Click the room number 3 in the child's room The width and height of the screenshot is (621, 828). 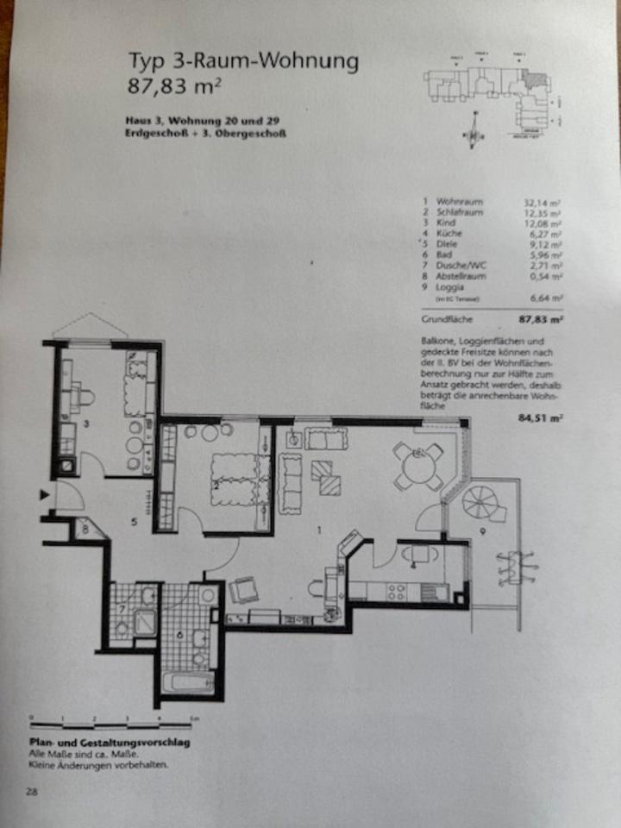[x=87, y=424]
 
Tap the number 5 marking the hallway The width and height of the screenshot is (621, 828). [x=135, y=521]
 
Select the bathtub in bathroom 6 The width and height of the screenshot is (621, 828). [x=189, y=682]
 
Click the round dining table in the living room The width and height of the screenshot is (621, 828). [x=419, y=468]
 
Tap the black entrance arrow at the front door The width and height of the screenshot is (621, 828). [x=46, y=494]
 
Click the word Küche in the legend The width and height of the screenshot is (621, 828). [x=449, y=234]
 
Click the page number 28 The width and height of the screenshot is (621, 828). [x=31, y=791]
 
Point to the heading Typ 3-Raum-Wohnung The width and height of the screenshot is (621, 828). [x=243, y=62]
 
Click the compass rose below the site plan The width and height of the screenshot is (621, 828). [x=472, y=134]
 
